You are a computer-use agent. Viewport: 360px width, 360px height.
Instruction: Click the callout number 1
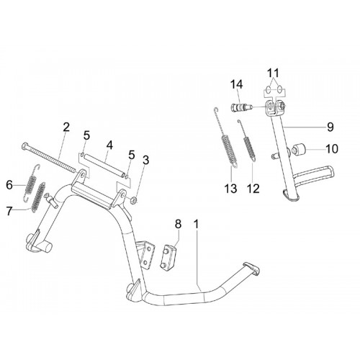[x=197, y=225]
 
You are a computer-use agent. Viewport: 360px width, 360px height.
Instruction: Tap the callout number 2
[x=66, y=127]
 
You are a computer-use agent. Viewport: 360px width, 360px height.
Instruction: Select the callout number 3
[x=145, y=160]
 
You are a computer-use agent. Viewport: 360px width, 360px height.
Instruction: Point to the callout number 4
[x=109, y=145]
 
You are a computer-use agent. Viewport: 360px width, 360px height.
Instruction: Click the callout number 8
[x=178, y=224]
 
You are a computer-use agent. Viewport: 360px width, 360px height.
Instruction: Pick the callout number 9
[x=330, y=127]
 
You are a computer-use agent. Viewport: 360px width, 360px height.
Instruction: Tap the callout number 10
[x=332, y=149]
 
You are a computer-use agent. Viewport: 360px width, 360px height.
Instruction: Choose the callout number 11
[x=274, y=73]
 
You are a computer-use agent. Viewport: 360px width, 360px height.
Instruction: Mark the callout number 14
[x=237, y=85]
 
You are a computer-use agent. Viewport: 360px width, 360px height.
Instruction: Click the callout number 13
[x=231, y=189]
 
